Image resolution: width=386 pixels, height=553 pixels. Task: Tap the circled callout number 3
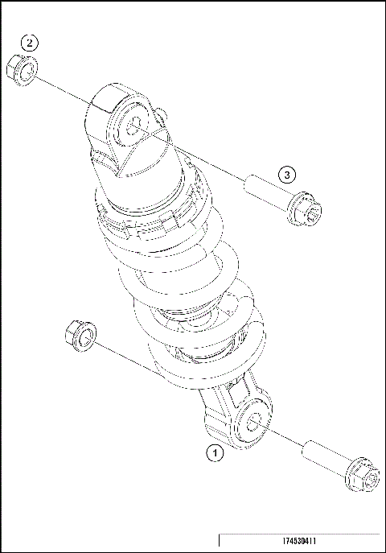coord(288,174)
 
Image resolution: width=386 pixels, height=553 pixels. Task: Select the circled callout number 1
coord(214,453)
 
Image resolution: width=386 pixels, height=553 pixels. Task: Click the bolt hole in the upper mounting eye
coord(131,126)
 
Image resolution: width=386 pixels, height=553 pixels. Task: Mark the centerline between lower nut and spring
coord(121,357)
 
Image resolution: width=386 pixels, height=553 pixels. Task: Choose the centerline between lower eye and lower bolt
coord(281,436)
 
